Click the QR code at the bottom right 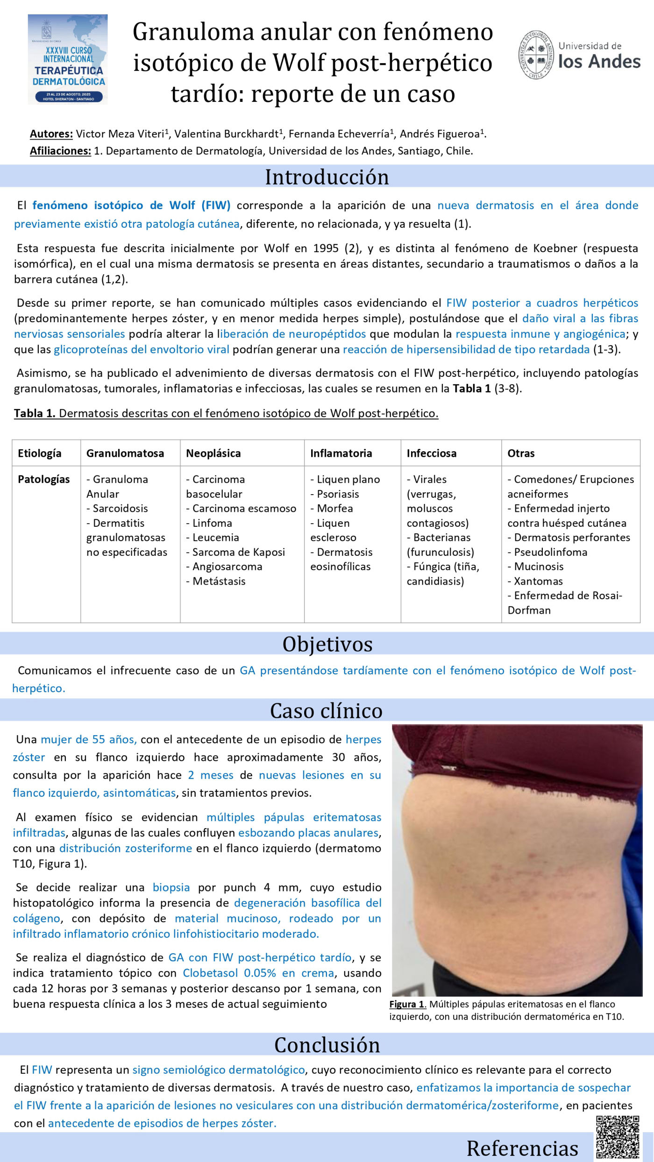coord(618,1136)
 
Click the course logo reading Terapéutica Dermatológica coord(68,59)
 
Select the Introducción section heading coord(327,177)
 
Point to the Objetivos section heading coord(327,644)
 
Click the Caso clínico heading coord(326,710)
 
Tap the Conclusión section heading coord(327,1044)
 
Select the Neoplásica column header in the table coord(213,453)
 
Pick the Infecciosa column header coord(431,453)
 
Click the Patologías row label coord(43,479)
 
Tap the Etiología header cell coord(40,453)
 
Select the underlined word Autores coord(51,134)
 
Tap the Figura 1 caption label coord(407,1004)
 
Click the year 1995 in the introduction coord(326,248)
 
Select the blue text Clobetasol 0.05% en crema coord(258,973)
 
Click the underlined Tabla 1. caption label coord(34,413)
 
